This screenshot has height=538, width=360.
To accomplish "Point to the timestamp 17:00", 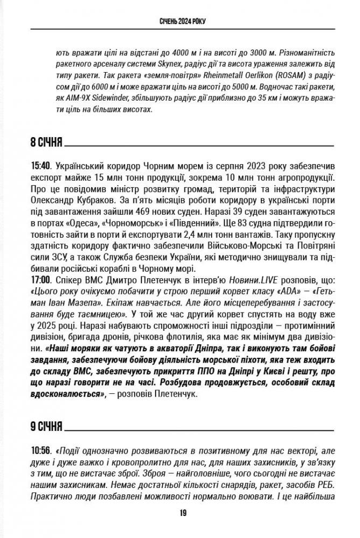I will (x=39, y=280).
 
